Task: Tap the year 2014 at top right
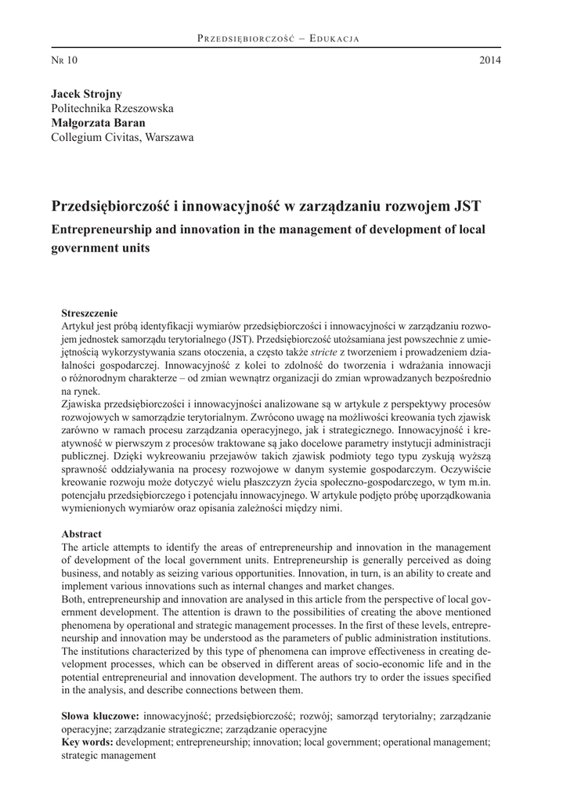(x=490, y=60)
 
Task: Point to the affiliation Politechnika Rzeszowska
(x=112, y=108)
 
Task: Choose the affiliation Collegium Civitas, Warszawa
(x=121, y=138)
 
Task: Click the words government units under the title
(x=100, y=248)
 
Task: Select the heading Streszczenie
(x=90, y=312)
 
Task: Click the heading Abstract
(x=81, y=533)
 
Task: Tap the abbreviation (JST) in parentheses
(x=235, y=339)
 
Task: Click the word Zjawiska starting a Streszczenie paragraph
(x=84, y=403)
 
